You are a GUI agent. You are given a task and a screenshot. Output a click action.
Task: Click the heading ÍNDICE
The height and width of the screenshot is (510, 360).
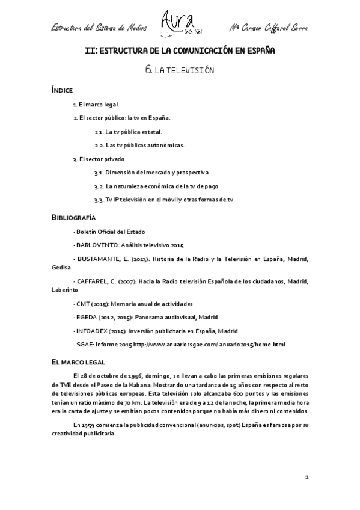62,90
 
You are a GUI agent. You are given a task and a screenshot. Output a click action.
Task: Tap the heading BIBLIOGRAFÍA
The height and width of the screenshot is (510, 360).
74,217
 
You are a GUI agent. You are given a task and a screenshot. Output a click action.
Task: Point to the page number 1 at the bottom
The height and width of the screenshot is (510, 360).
307,476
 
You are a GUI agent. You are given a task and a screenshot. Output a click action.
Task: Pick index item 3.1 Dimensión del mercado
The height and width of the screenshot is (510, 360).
151,172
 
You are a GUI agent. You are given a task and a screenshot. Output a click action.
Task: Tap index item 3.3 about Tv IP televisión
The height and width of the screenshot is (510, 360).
163,199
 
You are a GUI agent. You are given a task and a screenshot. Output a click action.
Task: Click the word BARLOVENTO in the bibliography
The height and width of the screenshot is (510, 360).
93,245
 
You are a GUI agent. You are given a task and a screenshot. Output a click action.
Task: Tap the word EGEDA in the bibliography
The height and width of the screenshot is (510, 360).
85,317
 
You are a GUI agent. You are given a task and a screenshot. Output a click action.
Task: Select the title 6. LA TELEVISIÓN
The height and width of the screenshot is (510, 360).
180,70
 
